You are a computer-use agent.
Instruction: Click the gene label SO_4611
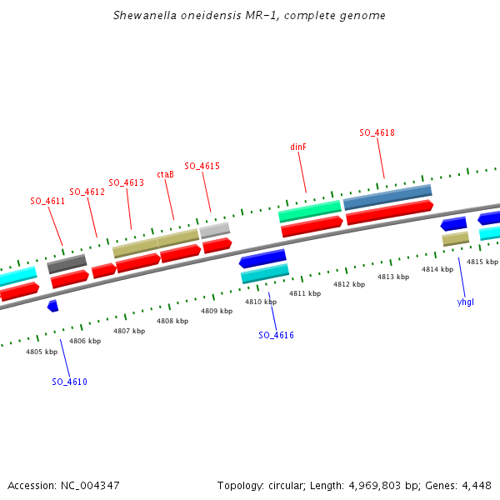click(x=47, y=201)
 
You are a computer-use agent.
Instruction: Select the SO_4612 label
click(x=87, y=192)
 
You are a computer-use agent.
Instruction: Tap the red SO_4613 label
click(x=126, y=182)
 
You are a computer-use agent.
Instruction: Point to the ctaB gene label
click(x=165, y=174)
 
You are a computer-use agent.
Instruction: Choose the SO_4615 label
click(x=202, y=166)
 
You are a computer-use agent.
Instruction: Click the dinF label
click(x=298, y=147)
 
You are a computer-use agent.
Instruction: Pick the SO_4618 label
click(x=377, y=132)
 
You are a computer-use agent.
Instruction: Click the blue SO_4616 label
click(x=276, y=335)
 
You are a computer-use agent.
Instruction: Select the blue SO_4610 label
click(x=69, y=382)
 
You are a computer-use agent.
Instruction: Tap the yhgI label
click(x=465, y=302)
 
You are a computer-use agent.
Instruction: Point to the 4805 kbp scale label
click(x=42, y=352)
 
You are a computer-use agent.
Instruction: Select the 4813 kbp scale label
click(x=393, y=277)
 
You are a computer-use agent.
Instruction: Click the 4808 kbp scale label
click(x=172, y=321)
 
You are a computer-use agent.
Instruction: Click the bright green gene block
click(x=309, y=210)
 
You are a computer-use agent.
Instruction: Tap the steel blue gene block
click(x=387, y=197)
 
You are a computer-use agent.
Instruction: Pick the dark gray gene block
click(x=67, y=264)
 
